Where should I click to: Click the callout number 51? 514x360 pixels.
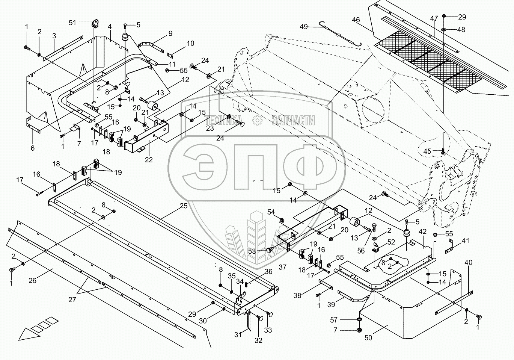pos(72,23)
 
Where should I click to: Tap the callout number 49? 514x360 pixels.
pos(304,27)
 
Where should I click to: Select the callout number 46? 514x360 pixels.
pos(356,20)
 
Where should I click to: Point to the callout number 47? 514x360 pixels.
pos(434,18)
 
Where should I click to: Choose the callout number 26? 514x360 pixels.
pos(33,281)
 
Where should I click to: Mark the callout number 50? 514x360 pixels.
pos(368,337)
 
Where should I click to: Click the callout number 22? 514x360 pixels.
pos(149,160)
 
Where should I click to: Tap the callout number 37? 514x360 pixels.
pos(282,267)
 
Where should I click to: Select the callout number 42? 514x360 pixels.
pos(423,231)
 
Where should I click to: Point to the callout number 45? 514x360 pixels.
pos(427,151)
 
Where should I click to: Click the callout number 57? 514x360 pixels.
pos(334,320)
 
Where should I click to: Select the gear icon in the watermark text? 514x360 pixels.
pos(257,120)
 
